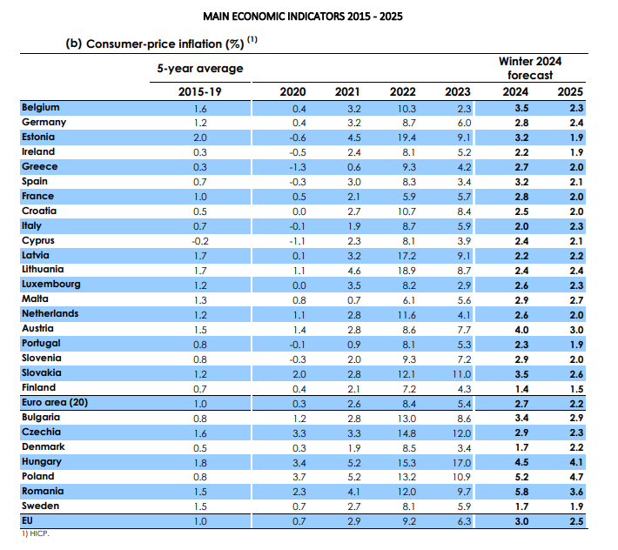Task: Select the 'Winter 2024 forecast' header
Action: pyautogui.click(x=529, y=68)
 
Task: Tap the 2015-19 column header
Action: pyautogui.click(x=199, y=91)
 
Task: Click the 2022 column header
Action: pyautogui.click(x=402, y=91)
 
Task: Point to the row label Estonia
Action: pyautogui.click(x=38, y=137)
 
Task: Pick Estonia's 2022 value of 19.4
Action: pyautogui.click(x=406, y=137)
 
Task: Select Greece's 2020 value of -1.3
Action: pyautogui.click(x=297, y=167)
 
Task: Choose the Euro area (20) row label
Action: pyautogui.click(x=55, y=402)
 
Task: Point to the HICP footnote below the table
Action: pyautogui.click(x=37, y=533)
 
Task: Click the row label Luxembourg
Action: pyautogui.click(x=50, y=285)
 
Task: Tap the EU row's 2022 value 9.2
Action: pyautogui.click(x=406, y=520)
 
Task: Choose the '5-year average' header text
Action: pyautogui.click(x=199, y=69)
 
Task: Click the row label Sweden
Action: pyautogui.click(x=39, y=506)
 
